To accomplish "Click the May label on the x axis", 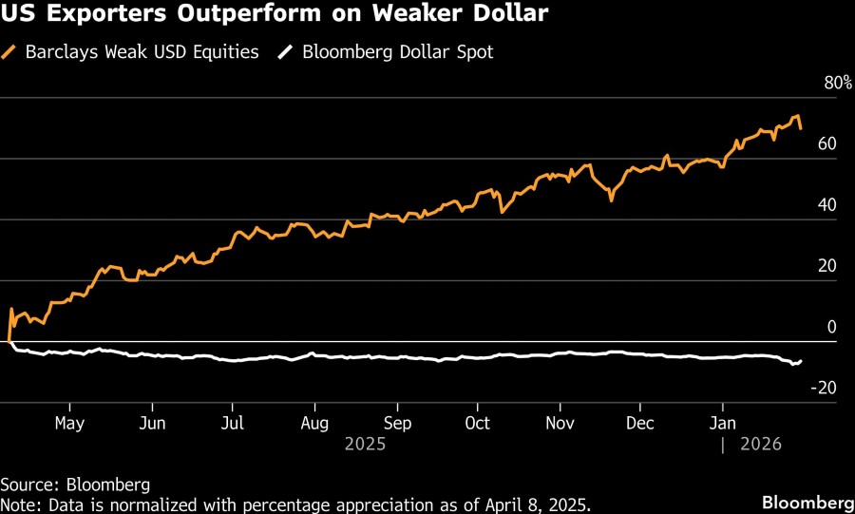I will pyautogui.click(x=70, y=423).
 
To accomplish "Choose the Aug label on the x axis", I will pyautogui.click(x=314, y=423).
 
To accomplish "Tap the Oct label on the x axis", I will pyautogui.click(x=478, y=423).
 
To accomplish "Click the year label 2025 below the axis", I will pyautogui.click(x=365, y=443).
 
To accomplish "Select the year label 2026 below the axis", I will pyautogui.click(x=762, y=443).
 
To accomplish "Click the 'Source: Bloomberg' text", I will pyautogui.click(x=75, y=485).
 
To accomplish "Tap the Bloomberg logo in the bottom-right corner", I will pyautogui.click(x=807, y=502).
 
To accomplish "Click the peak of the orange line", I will pyautogui.click(x=796, y=117).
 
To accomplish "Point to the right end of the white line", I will pyautogui.click(x=801, y=361).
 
